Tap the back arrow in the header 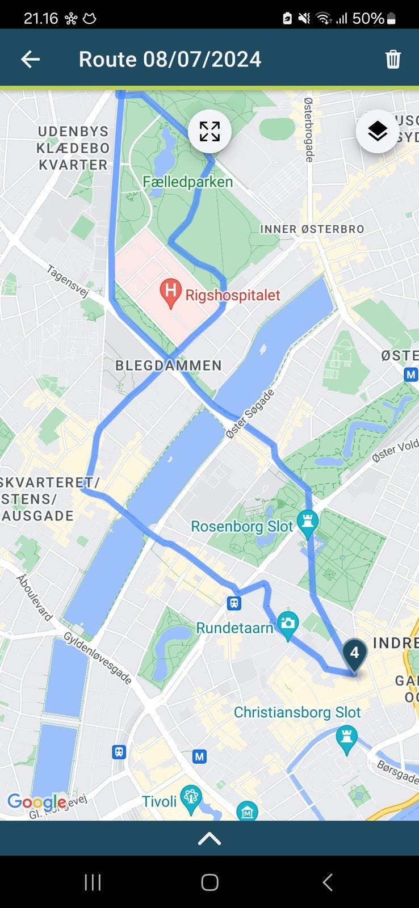(x=30, y=59)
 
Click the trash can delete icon (x=393, y=59)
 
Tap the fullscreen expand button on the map (x=209, y=131)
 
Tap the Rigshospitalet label (x=233, y=295)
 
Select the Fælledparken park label (x=187, y=182)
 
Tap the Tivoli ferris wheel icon (x=191, y=797)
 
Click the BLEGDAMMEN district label (x=169, y=365)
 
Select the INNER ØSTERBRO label (x=312, y=229)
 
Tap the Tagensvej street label (x=68, y=281)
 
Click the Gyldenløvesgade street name (x=97, y=658)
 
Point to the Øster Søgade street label (x=250, y=413)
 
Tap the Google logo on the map (x=37, y=802)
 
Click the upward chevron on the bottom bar (x=209, y=838)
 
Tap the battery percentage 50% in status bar (x=368, y=19)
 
